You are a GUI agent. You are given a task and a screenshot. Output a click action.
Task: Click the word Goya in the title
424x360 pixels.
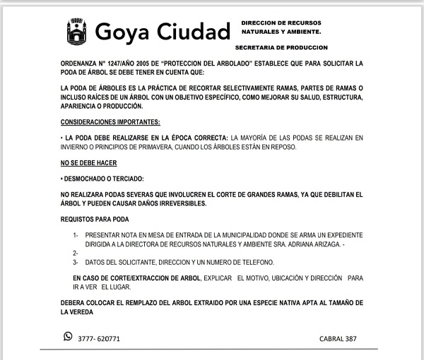coord(121,32)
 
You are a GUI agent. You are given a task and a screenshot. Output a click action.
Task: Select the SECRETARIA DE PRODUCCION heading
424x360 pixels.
coord(281,47)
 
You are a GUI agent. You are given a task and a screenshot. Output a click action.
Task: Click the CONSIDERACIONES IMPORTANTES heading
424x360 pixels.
coord(111,122)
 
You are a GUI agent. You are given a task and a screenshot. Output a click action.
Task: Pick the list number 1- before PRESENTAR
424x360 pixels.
coord(76,234)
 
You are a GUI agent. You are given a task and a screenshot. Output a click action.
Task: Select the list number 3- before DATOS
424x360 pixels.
coord(76,263)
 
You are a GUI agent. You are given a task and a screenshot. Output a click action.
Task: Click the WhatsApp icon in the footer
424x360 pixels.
coord(68,337)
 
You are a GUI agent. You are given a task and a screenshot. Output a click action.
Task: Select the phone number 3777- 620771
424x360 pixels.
coord(99,339)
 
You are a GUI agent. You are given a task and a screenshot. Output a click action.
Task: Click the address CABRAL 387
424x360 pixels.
coord(338,339)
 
